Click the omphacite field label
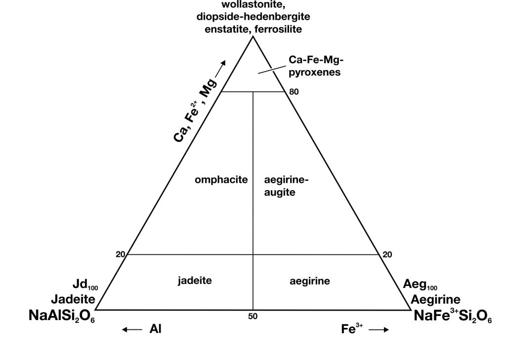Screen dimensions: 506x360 [x=221, y=180]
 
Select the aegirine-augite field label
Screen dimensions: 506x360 [x=286, y=186]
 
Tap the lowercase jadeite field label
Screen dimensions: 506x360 [x=195, y=280]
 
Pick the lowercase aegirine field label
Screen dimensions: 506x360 [x=310, y=281]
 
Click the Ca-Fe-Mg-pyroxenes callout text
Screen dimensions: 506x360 [x=315, y=66]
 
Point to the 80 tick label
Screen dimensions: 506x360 [x=294, y=92]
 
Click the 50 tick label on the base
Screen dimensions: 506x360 [x=253, y=317]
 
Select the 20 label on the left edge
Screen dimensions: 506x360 [x=121, y=254]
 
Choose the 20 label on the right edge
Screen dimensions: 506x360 [x=387, y=255]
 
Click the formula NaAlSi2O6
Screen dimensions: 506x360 [x=62, y=316]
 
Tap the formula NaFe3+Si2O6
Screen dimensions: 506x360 [x=453, y=316]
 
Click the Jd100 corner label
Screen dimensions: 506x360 [x=85, y=284]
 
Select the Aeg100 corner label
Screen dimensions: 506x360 [x=420, y=285]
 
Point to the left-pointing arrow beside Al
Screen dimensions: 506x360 [x=132, y=329]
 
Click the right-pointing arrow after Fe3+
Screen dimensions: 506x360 [x=379, y=330]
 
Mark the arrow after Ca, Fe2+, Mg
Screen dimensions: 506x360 [x=220, y=69]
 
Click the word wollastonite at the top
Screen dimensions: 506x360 [x=253, y=4]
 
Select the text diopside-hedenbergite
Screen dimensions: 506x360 [x=253, y=17]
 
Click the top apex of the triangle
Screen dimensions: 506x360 [x=253, y=37]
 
